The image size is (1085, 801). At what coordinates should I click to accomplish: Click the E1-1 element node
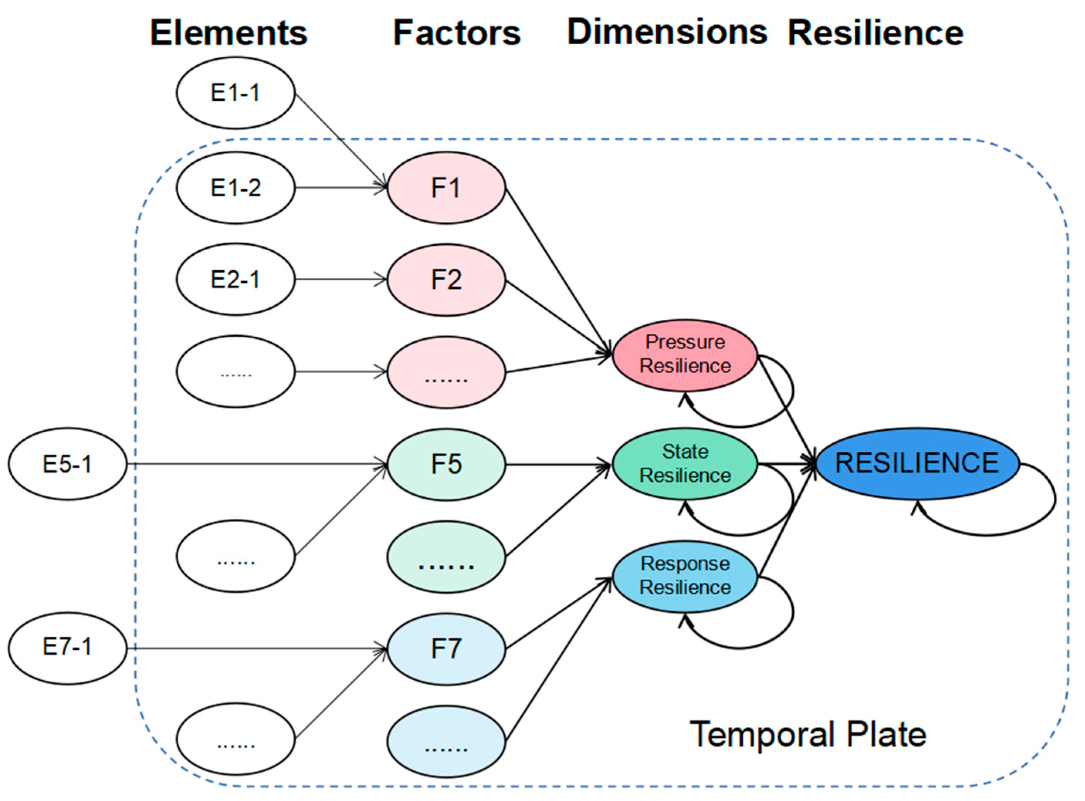(x=235, y=93)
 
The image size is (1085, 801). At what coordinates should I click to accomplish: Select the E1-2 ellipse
(x=235, y=188)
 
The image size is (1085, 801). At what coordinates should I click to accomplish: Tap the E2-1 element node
(x=235, y=279)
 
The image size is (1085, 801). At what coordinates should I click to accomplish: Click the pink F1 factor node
(x=446, y=188)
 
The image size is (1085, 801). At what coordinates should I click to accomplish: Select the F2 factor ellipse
(x=446, y=280)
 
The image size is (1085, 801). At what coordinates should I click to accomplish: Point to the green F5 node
(x=446, y=464)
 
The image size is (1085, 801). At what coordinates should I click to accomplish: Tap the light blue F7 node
(x=446, y=649)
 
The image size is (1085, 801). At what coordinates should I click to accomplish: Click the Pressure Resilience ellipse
(x=684, y=355)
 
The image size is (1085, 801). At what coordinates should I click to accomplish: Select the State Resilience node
(x=684, y=464)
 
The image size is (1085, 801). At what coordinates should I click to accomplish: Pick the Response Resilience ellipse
(x=684, y=576)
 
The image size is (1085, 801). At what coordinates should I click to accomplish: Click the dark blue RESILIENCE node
(x=917, y=463)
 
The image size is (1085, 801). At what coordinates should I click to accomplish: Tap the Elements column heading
(x=228, y=33)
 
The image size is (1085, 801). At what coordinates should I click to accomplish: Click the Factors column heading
(x=456, y=33)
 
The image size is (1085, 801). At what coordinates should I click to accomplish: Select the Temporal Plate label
(x=808, y=735)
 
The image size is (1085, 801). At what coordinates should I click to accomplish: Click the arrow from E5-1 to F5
(x=257, y=464)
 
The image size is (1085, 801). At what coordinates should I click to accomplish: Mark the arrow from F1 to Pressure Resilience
(x=558, y=271)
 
